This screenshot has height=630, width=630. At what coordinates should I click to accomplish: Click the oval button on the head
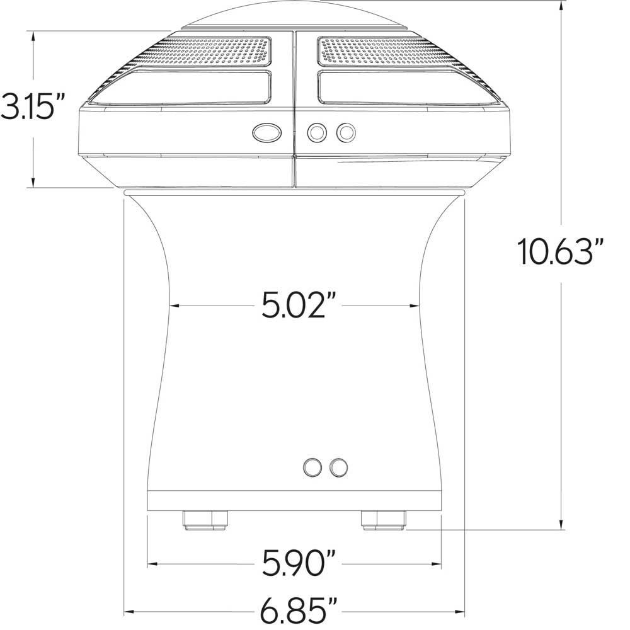[x=266, y=132]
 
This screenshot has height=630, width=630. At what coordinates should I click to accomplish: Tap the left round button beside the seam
[x=316, y=132]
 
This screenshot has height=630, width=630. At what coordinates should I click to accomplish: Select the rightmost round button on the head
[x=346, y=132]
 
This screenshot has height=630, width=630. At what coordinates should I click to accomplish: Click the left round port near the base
[x=312, y=466]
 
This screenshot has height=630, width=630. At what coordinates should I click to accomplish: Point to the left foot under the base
[x=205, y=520]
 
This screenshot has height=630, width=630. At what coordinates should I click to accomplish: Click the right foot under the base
[x=384, y=520]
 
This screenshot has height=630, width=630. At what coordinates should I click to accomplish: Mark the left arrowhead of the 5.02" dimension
[x=174, y=306]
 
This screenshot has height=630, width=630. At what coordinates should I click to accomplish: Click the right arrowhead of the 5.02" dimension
[x=415, y=306]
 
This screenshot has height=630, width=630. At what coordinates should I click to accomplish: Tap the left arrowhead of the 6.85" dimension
[x=129, y=610]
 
